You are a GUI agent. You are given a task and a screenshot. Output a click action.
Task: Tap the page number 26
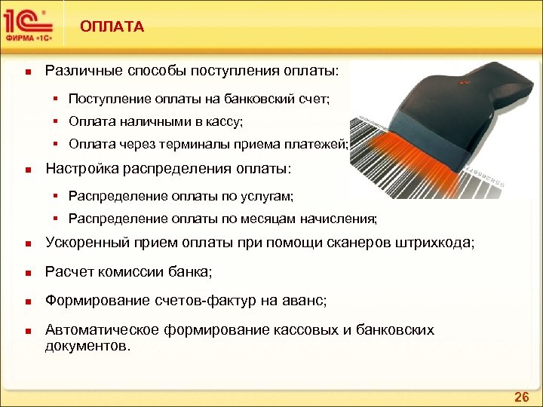pos(521,396)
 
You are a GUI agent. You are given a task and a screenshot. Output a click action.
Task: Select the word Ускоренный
pos(87,243)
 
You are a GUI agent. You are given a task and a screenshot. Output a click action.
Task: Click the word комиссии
pos(126,271)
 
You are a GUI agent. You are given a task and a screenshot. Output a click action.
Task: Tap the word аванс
pos(305,301)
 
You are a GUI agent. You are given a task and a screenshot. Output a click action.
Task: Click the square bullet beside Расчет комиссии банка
pos(26,273)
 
